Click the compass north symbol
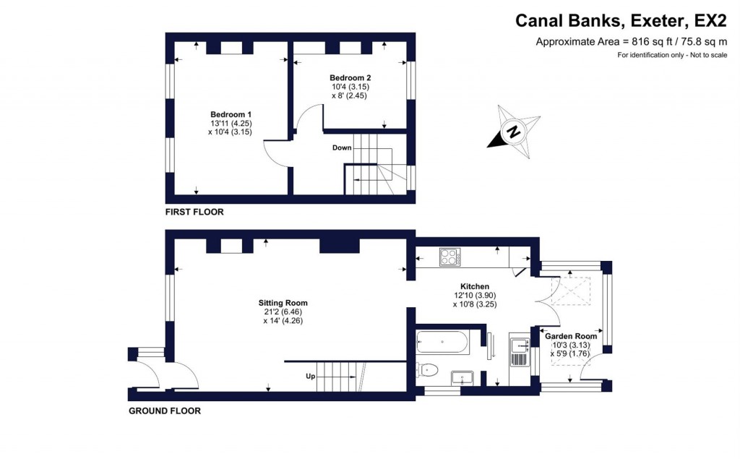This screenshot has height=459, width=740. click(512, 131)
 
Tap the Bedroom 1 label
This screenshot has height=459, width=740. click(231, 115)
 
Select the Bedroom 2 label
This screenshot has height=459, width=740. click(350, 78)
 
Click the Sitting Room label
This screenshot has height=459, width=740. click(283, 303)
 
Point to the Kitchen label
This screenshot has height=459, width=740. click(474, 286)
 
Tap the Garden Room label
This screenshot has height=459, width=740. click(571, 336)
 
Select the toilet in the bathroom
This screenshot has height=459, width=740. click(427, 371)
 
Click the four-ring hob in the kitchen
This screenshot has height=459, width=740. click(449, 257)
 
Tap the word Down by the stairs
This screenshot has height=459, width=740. click(342, 148)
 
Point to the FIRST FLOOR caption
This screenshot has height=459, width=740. click(194, 213)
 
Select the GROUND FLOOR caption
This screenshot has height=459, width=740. click(165, 411)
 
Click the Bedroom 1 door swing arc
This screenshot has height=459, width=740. click(275, 150)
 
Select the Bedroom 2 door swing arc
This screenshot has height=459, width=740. click(307, 117)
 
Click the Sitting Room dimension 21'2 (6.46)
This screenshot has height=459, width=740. click(283, 312)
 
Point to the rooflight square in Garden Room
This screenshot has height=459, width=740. click(569, 289)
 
